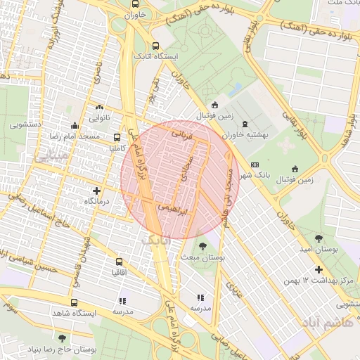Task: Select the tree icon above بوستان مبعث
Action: [202, 247]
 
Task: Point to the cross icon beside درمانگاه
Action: [96, 191]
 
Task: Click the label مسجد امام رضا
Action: [91, 134]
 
